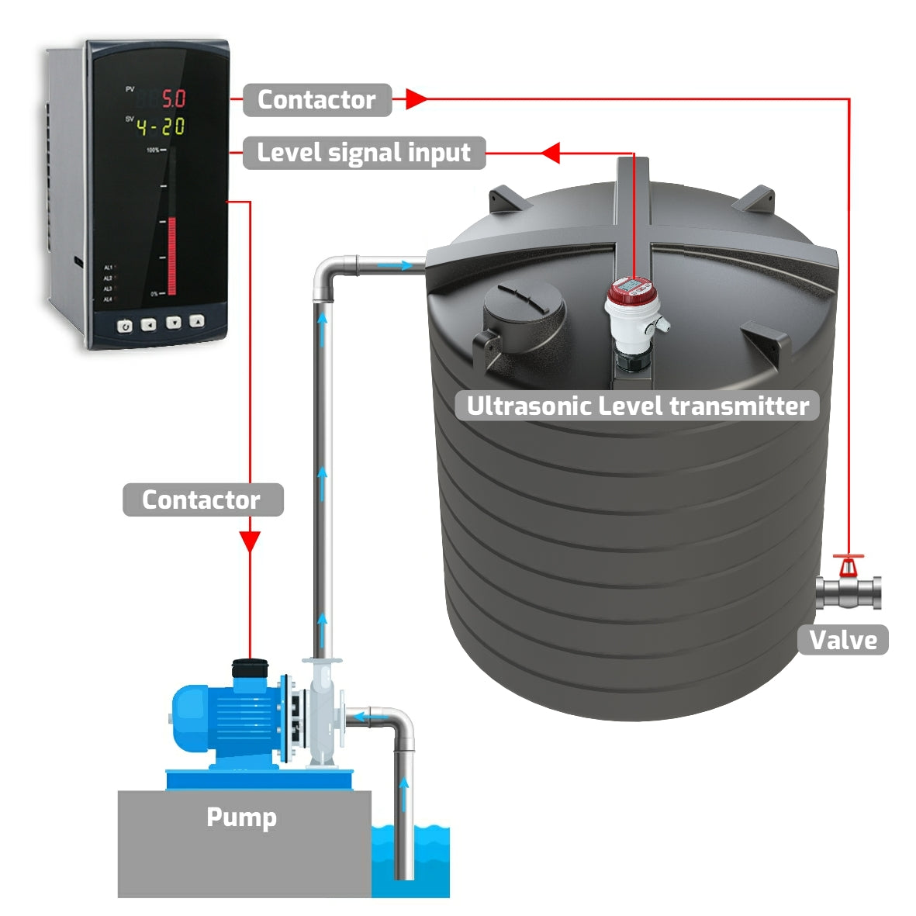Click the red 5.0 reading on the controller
[172, 99]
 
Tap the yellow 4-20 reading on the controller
[161, 126]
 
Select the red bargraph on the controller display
[171, 255]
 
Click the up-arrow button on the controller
[197, 321]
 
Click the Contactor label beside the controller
[316, 100]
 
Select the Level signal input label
[364, 153]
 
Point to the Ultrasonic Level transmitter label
[638, 406]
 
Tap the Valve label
[842, 641]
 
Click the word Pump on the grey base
[241, 817]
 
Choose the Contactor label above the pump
[202, 500]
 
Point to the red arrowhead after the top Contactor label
[417, 99]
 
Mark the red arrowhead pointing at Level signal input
[551, 153]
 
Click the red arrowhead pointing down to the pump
[250, 541]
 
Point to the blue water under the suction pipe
[423, 861]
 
